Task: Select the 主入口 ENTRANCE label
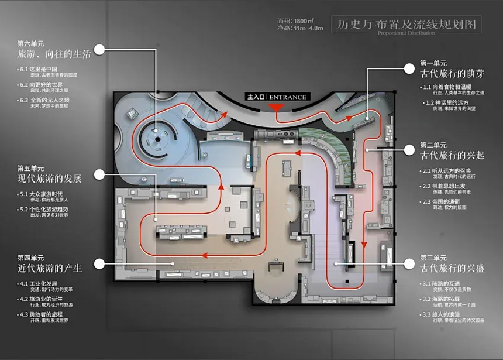277,97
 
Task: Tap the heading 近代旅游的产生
50,268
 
